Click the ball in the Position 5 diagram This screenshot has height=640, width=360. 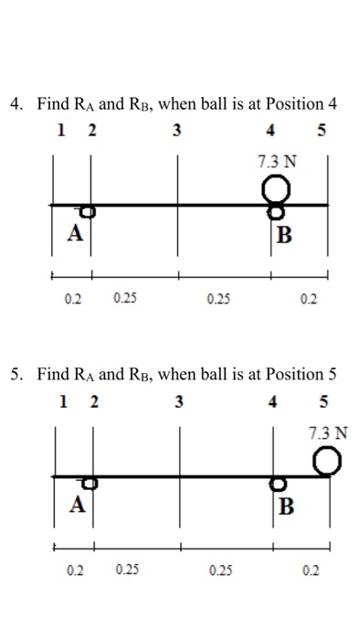point(328,462)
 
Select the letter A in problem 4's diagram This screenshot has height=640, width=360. point(72,232)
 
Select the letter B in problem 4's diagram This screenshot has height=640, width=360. point(286,236)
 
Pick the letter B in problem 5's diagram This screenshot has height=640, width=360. point(286,507)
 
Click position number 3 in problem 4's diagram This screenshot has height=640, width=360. point(177,130)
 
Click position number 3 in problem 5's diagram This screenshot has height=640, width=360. point(177,400)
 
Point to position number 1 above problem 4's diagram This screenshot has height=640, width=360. point(60,130)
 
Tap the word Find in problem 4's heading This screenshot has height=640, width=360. point(52,103)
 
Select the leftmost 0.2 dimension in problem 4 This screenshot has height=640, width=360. point(73,298)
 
